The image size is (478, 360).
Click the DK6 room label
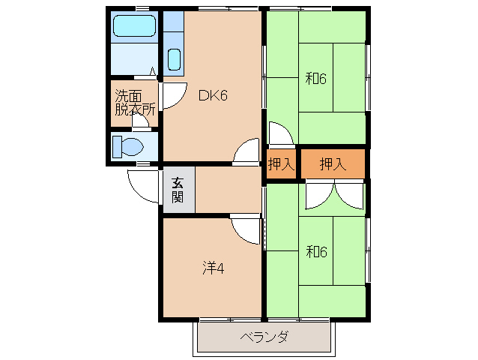[x=212, y=95]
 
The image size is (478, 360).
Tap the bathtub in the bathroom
[x=135, y=29]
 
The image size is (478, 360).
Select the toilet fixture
[x=127, y=146]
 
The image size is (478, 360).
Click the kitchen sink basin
[x=174, y=59]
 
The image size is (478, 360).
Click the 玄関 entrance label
[x=178, y=190]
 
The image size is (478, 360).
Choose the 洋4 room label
[x=213, y=266]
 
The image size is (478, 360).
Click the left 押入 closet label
[x=281, y=164]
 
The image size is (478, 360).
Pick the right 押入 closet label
[x=332, y=164]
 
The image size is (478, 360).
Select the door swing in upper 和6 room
[x=281, y=135]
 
